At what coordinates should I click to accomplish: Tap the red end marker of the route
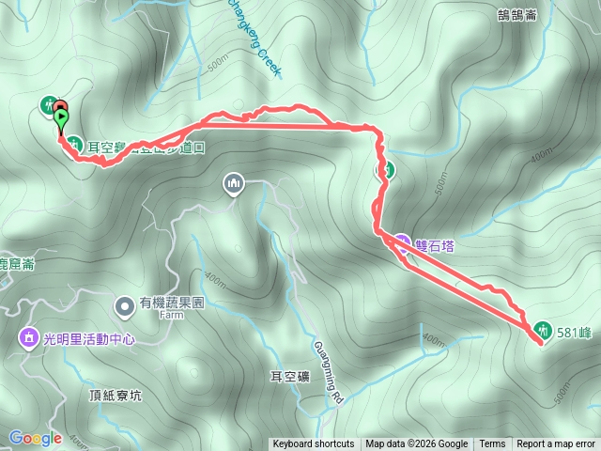click(x=60, y=106)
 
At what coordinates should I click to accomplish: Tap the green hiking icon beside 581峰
click(x=543, y=329)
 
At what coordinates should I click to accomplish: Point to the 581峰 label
click(x=573, y=331)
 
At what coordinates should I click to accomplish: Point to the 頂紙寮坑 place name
click(x=116, y=396)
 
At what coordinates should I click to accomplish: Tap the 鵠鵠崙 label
click(x=516, y=14)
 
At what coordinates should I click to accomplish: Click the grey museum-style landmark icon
click(x=234, y=183)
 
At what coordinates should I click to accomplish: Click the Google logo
click(x=36, y=438)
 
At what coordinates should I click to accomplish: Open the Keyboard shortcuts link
click(x=314, y=444)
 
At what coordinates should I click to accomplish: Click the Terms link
click(x=492, y=444)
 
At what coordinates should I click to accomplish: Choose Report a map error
click(x=556, y=444)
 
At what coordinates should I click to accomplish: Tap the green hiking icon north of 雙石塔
click(x=386, y=170)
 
